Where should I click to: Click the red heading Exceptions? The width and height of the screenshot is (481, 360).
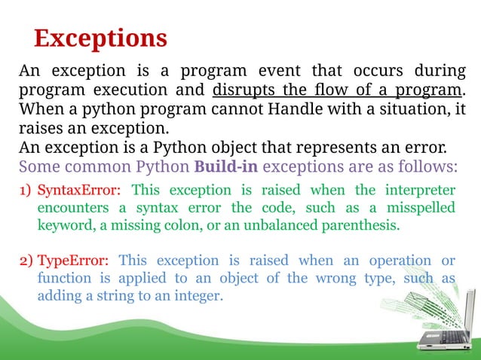(x=100, y=38)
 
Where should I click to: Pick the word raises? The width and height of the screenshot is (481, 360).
(x=41, y=127)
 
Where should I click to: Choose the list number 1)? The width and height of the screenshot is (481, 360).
(x=26, y=188)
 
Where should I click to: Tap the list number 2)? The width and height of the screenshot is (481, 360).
(x=26, y=261)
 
